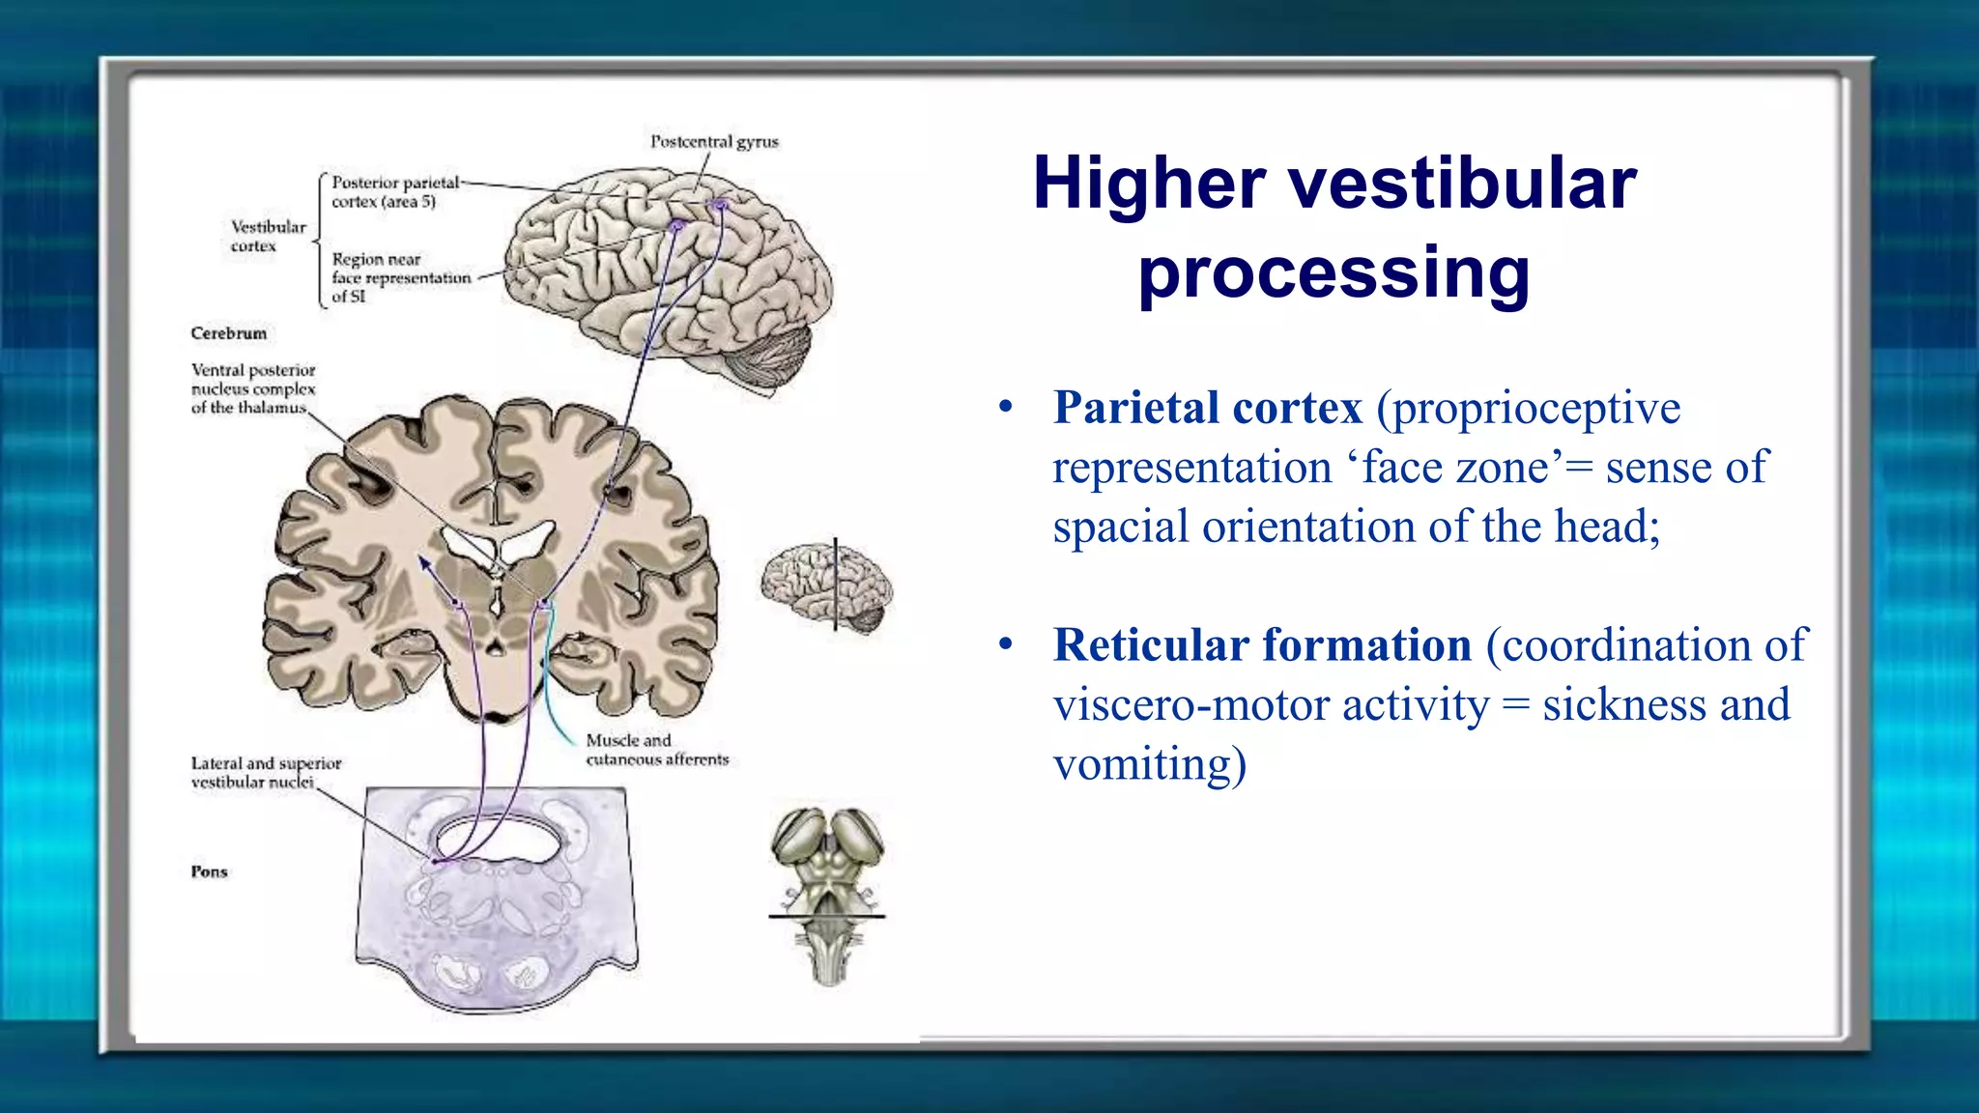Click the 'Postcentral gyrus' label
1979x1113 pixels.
(714, 142)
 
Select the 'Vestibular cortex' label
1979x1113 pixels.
(268, 236)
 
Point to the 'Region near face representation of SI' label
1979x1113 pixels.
(400, 277)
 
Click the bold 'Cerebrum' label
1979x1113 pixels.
(229, 333)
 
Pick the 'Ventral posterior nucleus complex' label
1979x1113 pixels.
(253, 388)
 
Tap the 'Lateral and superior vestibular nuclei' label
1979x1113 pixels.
(266, 772)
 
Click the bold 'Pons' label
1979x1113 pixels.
(210, 871)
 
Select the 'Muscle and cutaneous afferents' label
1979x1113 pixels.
(657, 750)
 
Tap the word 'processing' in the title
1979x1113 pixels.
(1334, 273)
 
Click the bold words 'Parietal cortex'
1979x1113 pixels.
(1208, 408)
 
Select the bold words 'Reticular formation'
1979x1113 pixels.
(1262, 645)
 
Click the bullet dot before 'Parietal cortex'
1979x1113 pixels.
(1006, 408)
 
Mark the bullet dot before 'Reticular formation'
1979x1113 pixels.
(1006, 644)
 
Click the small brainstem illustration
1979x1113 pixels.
(827, 894)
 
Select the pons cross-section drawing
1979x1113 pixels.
(497, 899)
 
